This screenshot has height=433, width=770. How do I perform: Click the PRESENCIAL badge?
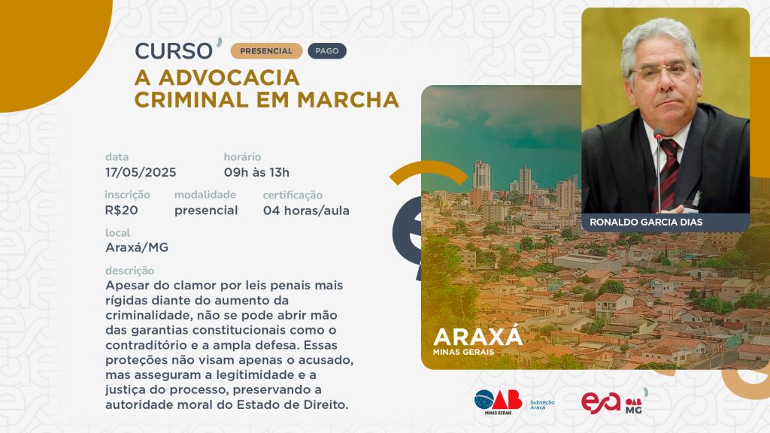(266, 51)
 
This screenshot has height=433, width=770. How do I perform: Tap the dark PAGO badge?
(327, 51)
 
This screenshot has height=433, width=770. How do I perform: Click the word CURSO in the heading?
(174, 51)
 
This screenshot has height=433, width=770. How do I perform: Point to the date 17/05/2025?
(141, 172)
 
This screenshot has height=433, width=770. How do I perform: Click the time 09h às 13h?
(256, 172)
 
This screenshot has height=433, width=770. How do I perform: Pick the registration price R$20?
(121, 210)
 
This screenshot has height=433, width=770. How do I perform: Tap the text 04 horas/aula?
(307, 210)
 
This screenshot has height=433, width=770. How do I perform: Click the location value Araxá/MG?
(137, 247)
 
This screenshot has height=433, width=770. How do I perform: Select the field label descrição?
(129, 271)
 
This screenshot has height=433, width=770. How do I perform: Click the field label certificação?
(293, 195)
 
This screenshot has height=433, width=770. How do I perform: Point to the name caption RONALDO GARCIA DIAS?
(646, 222)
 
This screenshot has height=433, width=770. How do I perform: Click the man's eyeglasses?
(662, 72)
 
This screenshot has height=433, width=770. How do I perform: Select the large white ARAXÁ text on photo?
(477, 336)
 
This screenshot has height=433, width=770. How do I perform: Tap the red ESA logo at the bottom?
(601, 403)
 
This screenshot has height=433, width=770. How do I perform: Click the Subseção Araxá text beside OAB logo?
(542, 405)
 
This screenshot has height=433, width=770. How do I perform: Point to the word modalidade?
(205, 195)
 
